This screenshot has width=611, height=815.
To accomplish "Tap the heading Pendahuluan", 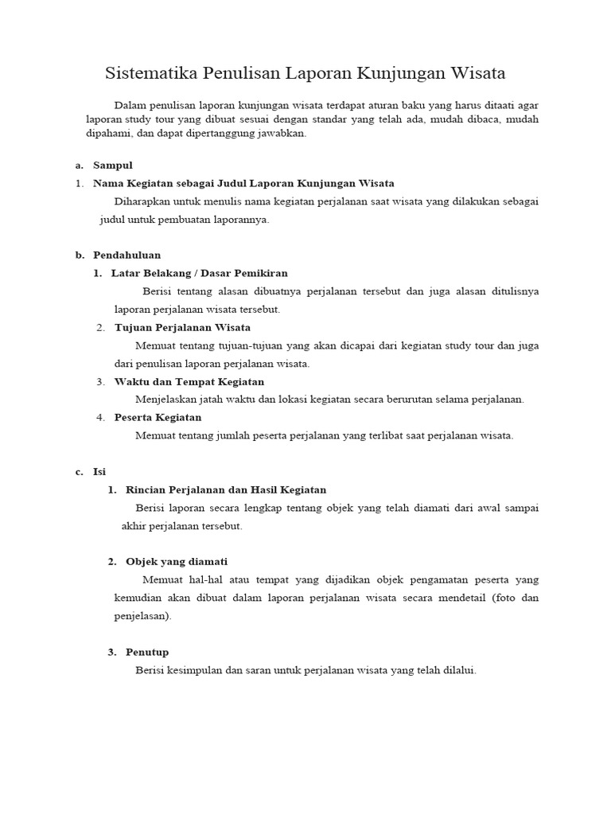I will [126, 255].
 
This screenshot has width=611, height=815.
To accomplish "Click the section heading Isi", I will [99, 471].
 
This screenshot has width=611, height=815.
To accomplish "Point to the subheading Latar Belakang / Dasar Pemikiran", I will [199, 273].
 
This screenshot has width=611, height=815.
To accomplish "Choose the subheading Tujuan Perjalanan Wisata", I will [182, 327].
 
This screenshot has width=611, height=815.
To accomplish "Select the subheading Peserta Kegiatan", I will [158, 417].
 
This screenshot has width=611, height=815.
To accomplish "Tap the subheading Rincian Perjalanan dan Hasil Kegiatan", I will [226, 489].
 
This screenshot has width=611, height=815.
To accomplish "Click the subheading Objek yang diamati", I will [177, 561].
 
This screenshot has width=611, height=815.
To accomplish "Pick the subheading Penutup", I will [147, 652].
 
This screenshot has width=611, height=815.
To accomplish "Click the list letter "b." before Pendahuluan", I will [80, 255].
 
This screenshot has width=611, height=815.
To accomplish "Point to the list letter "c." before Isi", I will [80, 471].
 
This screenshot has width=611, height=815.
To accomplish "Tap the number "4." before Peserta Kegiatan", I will [101, 417].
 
